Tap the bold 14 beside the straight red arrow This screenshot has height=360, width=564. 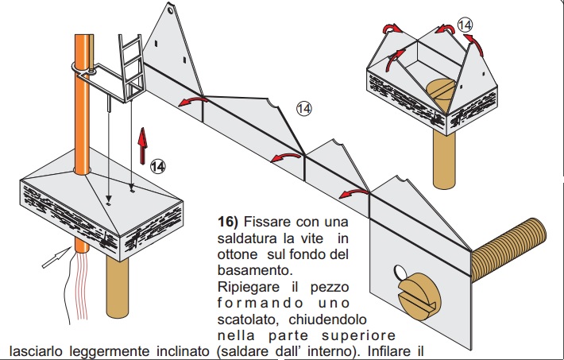(159, 166)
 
